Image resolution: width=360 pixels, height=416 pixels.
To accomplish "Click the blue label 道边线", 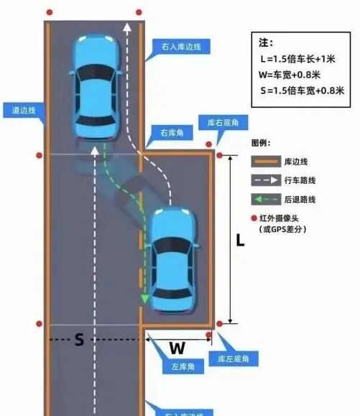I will coord(23,111).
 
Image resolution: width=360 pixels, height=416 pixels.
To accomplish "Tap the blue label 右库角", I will coord(173,133).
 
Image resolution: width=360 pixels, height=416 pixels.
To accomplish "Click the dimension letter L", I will coord(241,241).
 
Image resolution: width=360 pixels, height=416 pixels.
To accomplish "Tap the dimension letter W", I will coord(177,349).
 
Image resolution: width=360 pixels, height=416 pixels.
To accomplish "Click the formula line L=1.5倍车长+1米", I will coord(303,58).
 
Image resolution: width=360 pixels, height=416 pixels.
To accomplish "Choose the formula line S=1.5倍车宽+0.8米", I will coord(303,90).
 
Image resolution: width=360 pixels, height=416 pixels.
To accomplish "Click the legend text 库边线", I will coord(297,162).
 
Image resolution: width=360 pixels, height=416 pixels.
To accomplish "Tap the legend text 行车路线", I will coord(300,181).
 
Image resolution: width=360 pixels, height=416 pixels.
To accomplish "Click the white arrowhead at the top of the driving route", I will coord(127,29).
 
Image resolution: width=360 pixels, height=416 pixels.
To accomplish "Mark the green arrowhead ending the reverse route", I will coord(144,297).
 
